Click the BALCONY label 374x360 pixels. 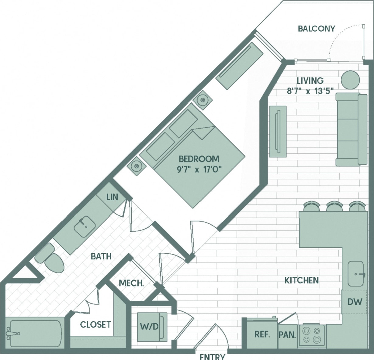(316, 29)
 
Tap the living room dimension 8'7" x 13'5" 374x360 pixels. (310, 91)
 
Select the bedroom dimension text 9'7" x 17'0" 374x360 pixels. (199, 169)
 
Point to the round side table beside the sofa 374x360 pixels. (350, 80)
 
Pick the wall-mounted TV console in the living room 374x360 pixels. (278, 131)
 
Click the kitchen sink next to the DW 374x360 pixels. (355, 274)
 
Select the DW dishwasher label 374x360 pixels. (355, 302)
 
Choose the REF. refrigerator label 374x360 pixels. (262, 334)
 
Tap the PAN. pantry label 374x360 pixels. (287, 335)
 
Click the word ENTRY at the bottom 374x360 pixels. (212, 356)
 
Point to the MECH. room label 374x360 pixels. (131, 283)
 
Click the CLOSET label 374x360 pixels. (95, 324)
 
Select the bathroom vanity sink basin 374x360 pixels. (85, 226)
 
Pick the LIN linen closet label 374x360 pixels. (112, 197)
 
